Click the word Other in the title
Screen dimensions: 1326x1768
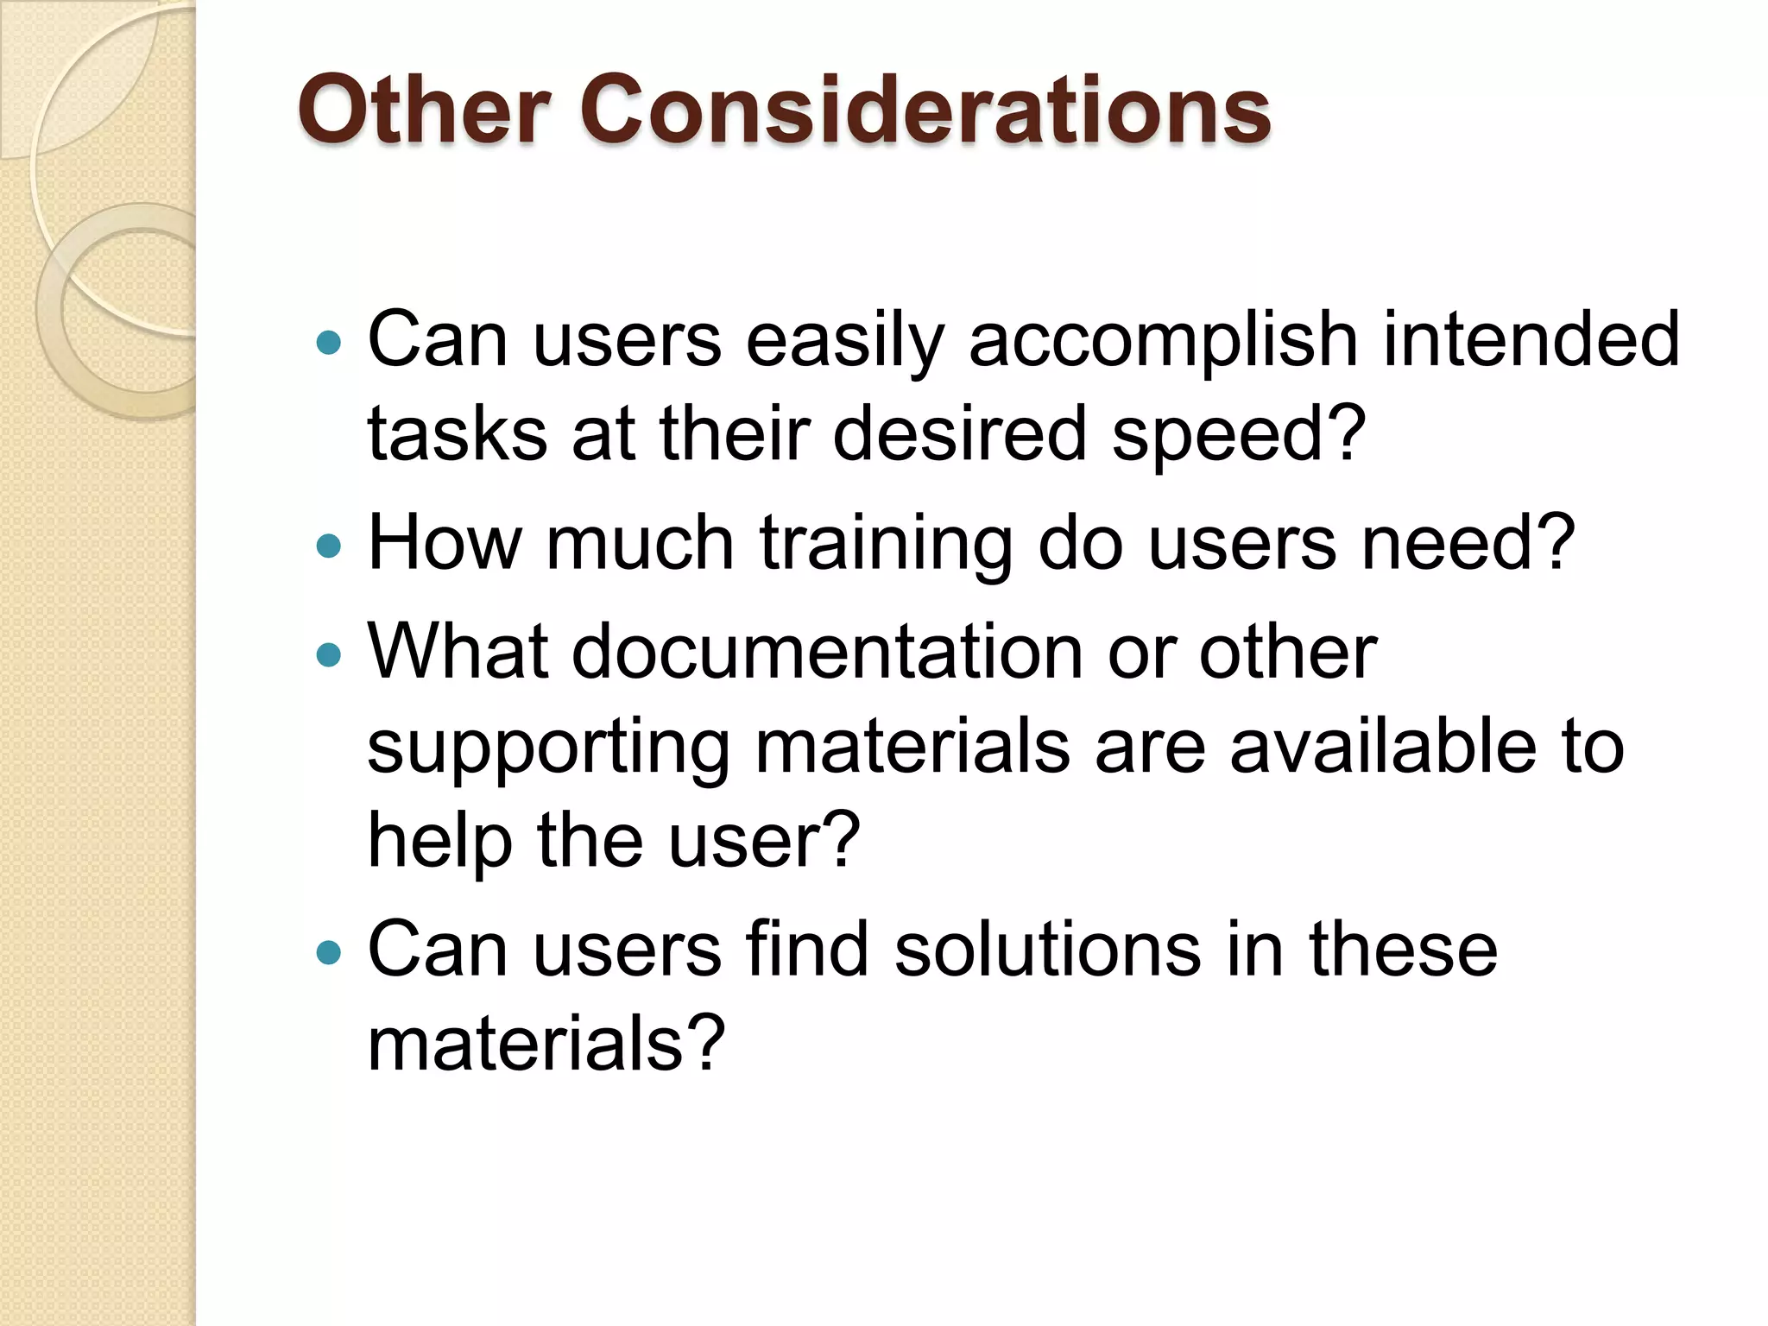(424, 110)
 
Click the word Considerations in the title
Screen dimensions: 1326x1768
(925, 110)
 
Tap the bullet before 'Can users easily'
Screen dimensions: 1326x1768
(329, 344)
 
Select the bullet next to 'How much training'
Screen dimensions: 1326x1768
(329, 546)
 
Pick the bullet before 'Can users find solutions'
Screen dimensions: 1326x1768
(329, 953)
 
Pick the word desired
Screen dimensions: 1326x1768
(959, 434)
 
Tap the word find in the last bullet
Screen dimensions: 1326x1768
(807, 950)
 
